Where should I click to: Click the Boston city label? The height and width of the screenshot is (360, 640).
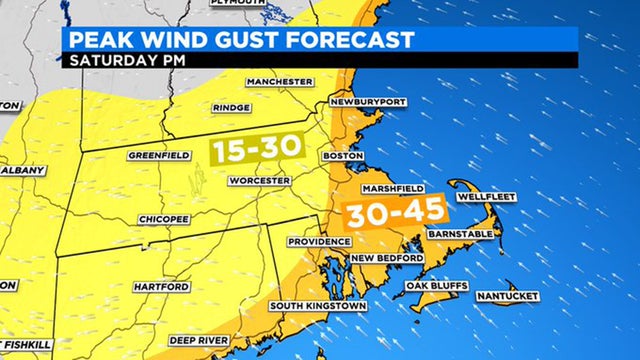340,156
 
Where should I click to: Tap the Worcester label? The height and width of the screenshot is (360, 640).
259,181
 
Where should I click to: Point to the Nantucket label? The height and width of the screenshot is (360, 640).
508,296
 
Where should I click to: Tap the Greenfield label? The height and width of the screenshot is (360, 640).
159,155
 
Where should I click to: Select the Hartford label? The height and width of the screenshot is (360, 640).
161,287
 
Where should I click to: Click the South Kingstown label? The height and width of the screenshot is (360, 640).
317,305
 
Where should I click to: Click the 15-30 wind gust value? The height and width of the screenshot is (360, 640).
256,147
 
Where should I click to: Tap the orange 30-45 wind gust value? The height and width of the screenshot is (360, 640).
396,213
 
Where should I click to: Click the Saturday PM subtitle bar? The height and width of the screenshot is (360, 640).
320,59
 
